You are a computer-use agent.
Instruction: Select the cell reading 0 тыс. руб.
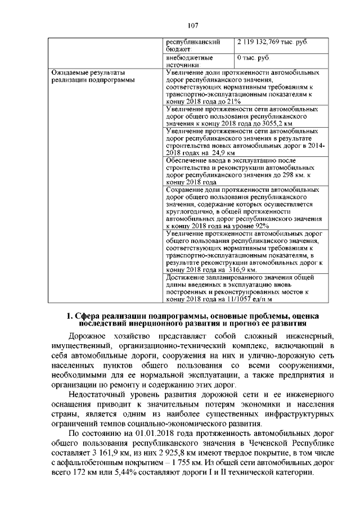click(x=254, y=57)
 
